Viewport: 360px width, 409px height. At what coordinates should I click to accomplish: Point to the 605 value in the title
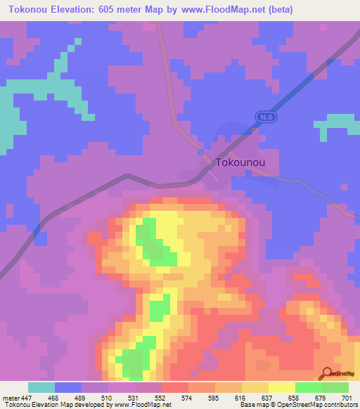click(x=113, y=9)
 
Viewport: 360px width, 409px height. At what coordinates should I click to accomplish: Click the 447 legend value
click(x=27, y=397)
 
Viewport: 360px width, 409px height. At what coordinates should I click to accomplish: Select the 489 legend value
click(x=81, y=397)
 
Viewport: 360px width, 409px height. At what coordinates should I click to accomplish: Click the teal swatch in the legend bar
click(x=41, y=387)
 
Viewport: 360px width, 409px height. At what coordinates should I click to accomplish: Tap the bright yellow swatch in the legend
click(x=281, y=387)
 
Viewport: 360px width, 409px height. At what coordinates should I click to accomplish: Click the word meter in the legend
click(x=9, y=397)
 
